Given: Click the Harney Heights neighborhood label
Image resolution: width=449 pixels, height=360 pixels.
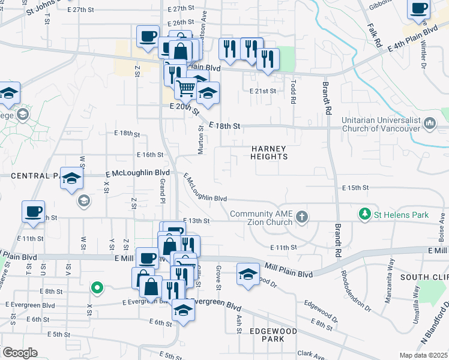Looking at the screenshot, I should pyautogui.click(x=270, y=152).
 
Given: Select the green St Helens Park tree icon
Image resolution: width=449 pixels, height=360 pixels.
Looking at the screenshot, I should pyautogui.click(x=364, y=214).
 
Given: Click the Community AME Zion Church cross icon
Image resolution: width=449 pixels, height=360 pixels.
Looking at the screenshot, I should pyautogui.click(x=302, y=216).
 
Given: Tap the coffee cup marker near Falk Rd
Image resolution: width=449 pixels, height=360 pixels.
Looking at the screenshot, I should pyautogui.click(x=419, y=9).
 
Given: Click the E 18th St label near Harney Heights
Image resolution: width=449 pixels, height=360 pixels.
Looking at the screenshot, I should pyautogui.click(x=225, y=127).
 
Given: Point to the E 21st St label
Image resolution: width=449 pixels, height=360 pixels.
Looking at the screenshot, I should pyautogui.click(x=263, y=91).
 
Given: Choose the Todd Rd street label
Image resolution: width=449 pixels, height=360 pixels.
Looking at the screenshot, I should pyautogui.click(x=294, y=93).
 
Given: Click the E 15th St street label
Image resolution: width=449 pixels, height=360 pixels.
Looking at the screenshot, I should pyautogui.click(x=355, y=188).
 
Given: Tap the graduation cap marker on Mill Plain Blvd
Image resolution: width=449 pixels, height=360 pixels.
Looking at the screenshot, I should pyautogui.click(x=247, y=274).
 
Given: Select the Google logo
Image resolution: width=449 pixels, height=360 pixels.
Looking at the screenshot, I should pyautogui.click(x=20, y=353).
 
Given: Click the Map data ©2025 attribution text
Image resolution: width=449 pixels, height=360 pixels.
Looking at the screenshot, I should pyautogui.click(x=423, y=355).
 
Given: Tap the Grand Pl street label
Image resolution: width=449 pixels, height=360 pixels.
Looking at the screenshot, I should pyautogui.click(x=162, y=193).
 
